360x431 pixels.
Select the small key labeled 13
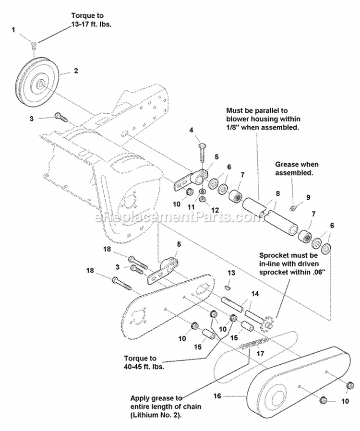click(228, 287)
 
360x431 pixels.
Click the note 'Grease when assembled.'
click(296, 169)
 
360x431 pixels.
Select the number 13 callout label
click(231, 273)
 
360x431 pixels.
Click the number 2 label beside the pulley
click(75, 71)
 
